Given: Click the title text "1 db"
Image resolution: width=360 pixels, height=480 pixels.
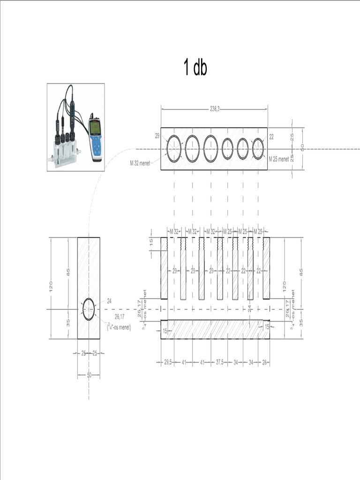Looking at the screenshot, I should click(195, 68).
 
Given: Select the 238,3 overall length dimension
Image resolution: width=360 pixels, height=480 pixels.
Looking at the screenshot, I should click(214, 109).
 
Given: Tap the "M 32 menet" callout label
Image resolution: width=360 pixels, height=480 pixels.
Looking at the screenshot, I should click(140, 164).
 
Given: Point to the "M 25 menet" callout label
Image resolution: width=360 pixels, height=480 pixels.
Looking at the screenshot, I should click(278, 159).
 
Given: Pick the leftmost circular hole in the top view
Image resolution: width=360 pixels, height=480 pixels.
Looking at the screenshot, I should click(174, 149).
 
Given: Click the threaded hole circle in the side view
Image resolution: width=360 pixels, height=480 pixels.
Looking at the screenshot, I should click(89, 310).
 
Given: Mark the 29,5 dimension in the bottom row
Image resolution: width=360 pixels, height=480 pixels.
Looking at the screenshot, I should click(167, 362).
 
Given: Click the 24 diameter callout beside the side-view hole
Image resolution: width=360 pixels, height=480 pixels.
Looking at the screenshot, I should click(109, 300).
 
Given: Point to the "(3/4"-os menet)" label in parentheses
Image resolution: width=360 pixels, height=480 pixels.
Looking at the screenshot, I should click(119, 327).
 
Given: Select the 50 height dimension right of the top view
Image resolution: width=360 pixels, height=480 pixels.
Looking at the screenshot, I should click(302, 148).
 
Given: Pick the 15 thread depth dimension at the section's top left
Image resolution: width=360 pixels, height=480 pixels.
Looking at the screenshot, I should click(151, 242).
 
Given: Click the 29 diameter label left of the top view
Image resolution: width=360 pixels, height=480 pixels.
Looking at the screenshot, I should click(157, 135).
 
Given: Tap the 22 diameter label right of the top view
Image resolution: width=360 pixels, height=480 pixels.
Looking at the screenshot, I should click(271, 136).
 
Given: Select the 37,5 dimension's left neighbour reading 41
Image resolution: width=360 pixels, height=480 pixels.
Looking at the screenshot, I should click(202, 362).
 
